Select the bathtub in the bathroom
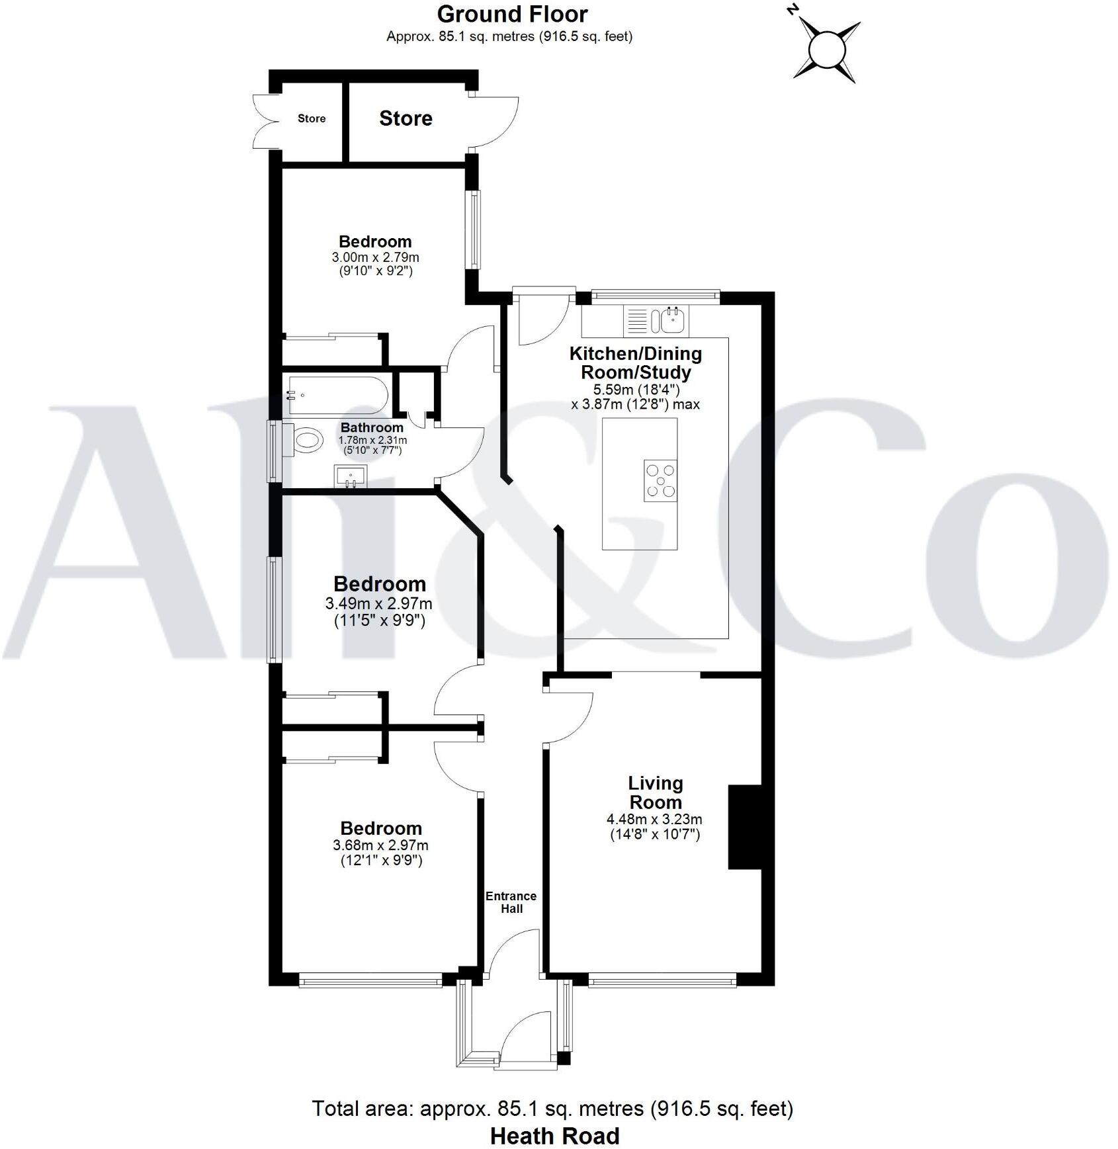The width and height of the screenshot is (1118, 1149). (335, 396)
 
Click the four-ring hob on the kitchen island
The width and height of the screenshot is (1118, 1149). (660, 480)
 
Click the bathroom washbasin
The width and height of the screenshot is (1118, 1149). (351, 476)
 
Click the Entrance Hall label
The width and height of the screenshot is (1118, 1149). (511, 902)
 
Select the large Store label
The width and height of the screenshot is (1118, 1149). (406, 118)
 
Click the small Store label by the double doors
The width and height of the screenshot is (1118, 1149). (312, 118)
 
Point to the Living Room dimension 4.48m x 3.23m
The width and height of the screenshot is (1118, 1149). (654, 819)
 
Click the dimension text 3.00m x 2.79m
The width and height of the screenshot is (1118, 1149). (375, 257)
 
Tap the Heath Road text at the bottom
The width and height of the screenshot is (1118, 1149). (554, 1136)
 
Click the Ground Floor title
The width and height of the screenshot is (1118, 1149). (512, 14)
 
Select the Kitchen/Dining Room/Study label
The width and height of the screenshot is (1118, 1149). (635, 362)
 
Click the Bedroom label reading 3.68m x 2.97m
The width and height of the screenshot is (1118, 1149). (381, 828)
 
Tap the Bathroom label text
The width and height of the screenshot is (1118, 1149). (372, 427)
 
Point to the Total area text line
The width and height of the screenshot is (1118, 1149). (552, 1108)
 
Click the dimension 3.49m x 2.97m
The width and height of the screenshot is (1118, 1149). (378, 603)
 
